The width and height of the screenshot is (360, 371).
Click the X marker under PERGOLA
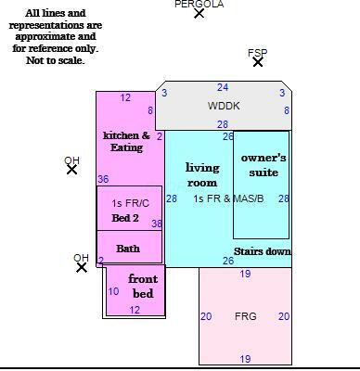tap(199, 14)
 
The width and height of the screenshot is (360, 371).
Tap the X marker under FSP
tap(258, 62)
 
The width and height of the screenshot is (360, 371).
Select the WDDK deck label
tap(224, 106)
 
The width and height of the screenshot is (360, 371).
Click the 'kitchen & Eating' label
tap(126, 141)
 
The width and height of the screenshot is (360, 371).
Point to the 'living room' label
tap(202, 174)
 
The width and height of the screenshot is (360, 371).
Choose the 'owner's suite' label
tap(264, 165)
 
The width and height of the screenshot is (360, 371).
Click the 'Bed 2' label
tap(125, 218)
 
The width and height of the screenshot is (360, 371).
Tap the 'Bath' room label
tap(128, 249)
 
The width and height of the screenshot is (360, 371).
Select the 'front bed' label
tap(143, 286)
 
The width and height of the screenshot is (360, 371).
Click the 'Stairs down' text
tap(263, 251)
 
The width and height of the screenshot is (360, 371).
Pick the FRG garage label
tap(246, 316)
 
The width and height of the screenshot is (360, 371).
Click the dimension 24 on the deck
tap(223, 87)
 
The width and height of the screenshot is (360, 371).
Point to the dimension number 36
tap(103, 179)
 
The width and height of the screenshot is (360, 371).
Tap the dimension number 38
tap(157, 224)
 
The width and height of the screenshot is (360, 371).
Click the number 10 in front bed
tap(113, 291)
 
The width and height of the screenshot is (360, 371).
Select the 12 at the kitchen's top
tap(125, 97)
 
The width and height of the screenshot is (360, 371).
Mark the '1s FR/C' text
tap(131, 203)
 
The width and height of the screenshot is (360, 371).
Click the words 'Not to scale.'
tap(56, 60)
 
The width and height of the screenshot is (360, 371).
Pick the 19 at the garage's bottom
tap(245, 359)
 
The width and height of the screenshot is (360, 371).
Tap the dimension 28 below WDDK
tap(223, 124)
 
